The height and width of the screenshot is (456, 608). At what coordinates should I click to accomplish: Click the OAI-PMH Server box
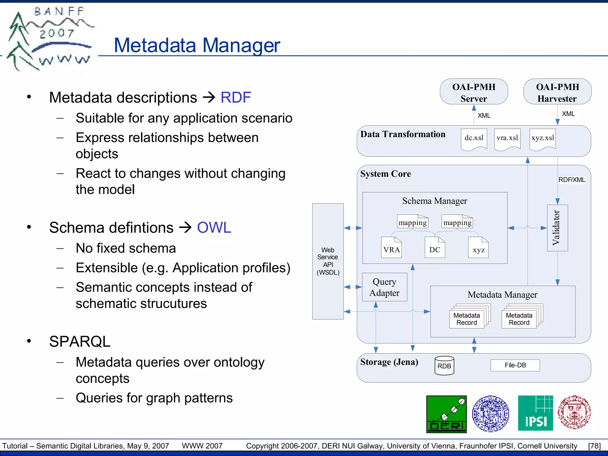tap(474, 92)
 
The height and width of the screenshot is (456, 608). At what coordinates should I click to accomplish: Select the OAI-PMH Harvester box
tap(557, 92)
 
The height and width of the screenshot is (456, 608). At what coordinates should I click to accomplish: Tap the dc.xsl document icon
tap(474, 139)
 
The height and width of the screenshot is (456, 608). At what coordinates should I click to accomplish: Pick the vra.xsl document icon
tap(507, 139)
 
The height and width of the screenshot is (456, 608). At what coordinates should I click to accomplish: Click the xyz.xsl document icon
tap(542, 139)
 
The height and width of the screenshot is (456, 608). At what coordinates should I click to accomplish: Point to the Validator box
tap(557, 228)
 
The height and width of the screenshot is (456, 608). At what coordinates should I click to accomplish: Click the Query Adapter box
tap(384, 287)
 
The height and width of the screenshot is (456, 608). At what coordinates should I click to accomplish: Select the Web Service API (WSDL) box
tap(328, 261)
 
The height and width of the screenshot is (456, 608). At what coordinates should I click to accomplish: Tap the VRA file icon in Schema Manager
tap(391, 248)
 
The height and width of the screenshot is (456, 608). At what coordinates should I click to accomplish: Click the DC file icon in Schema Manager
tap(435, 248)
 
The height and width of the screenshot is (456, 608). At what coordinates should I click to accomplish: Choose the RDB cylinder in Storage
tap(444, 366)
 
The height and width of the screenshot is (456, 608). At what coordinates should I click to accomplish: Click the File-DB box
tap(515, 365)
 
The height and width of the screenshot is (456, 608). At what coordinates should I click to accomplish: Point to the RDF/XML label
tap(571, 180)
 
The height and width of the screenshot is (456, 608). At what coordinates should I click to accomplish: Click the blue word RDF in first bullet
tap(236, 97)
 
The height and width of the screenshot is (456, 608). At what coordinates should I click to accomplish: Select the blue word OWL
tap(214, 228)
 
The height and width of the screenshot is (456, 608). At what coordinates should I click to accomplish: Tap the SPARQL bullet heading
tap(80, 341)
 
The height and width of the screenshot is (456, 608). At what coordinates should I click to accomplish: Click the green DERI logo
tap(446, 414)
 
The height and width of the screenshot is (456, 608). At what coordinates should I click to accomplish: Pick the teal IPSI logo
tap(535, 413)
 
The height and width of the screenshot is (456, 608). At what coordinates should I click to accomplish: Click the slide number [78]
tap(594, 446)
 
